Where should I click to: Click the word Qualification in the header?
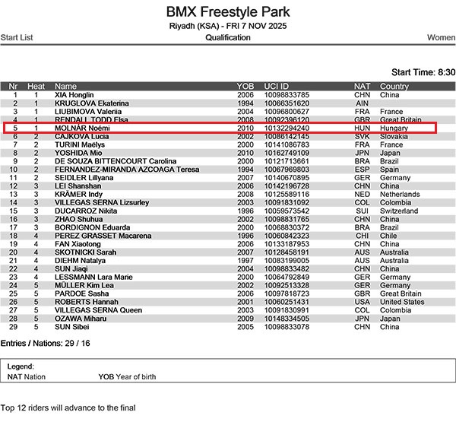click(228, 37)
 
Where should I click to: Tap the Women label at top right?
click(441, 37)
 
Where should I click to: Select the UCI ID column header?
click(278, 86)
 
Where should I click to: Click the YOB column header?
click(245, 86)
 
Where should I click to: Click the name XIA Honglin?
click(74, 95)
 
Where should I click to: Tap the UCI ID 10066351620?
click(287, 103)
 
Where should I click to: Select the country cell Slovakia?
click(395, 137)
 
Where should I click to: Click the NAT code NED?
click(363, 195)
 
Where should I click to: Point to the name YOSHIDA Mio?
click(80, 153)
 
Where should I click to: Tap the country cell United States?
click(402, 302)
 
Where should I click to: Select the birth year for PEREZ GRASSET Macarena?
click(245, 236)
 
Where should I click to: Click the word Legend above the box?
click(21, 366)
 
